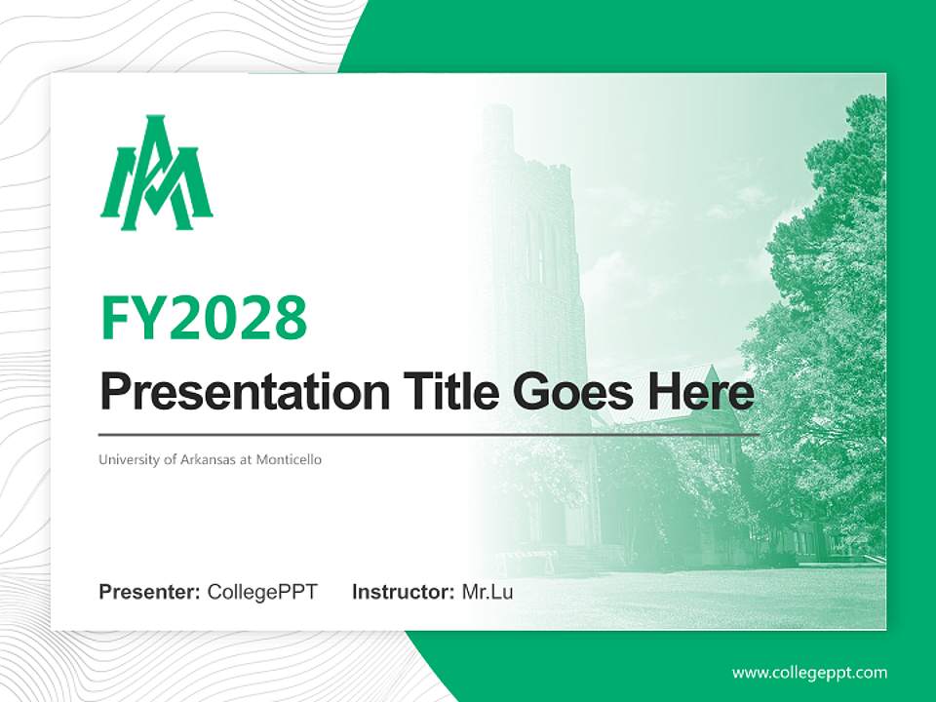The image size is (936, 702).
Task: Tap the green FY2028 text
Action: pyautogui.click(x=204, y=317)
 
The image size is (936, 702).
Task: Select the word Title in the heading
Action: pyautogui.click(x=443, y=392)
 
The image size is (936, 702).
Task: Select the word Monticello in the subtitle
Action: pyautogui.click(x=289, y=459)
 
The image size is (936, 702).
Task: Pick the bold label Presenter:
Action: pyautogui.click(x=150, y=592)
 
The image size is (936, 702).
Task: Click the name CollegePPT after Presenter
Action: pyautogui.click(x=262, y=592)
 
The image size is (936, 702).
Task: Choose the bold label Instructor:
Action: pyautogui.click(x=404, y=592)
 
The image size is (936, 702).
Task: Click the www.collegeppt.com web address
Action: pyautogui.click(x=809, y=673)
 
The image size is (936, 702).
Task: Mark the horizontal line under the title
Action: pyautogui.click(x=429, y=434)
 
